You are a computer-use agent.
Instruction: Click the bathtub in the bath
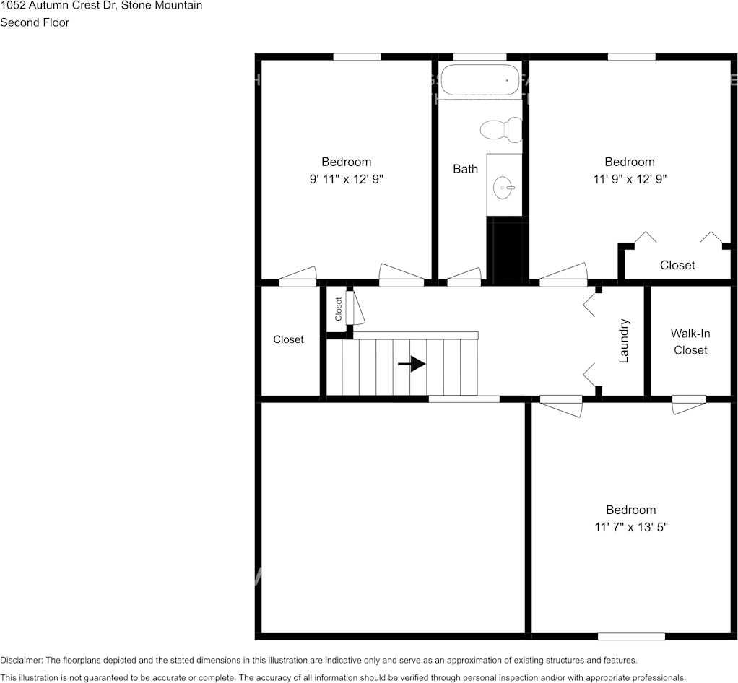coord(481,80)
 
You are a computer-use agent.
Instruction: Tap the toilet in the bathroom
coord(501,129)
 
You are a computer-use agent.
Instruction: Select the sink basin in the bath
coord(503,189)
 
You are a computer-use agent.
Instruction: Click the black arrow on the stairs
coord(412,364)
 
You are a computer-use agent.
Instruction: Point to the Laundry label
coord(625,340)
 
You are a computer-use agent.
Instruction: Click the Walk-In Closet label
coord(690,341)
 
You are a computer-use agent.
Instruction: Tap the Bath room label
coord(465,169)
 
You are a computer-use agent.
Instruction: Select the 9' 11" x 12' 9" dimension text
coord(347,179)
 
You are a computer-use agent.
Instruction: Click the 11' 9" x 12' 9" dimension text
coord(630,179)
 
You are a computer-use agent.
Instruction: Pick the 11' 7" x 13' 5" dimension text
coord(630,527)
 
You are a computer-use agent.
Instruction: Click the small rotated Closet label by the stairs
coord(338,309)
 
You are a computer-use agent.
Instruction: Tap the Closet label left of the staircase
coord(288,339)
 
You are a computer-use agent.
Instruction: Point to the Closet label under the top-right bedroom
coord(677,265)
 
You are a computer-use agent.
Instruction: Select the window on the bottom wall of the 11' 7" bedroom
coord(631,636)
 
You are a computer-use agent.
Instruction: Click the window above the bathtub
coord(479,56)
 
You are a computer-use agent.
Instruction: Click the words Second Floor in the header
coord(35,22)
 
